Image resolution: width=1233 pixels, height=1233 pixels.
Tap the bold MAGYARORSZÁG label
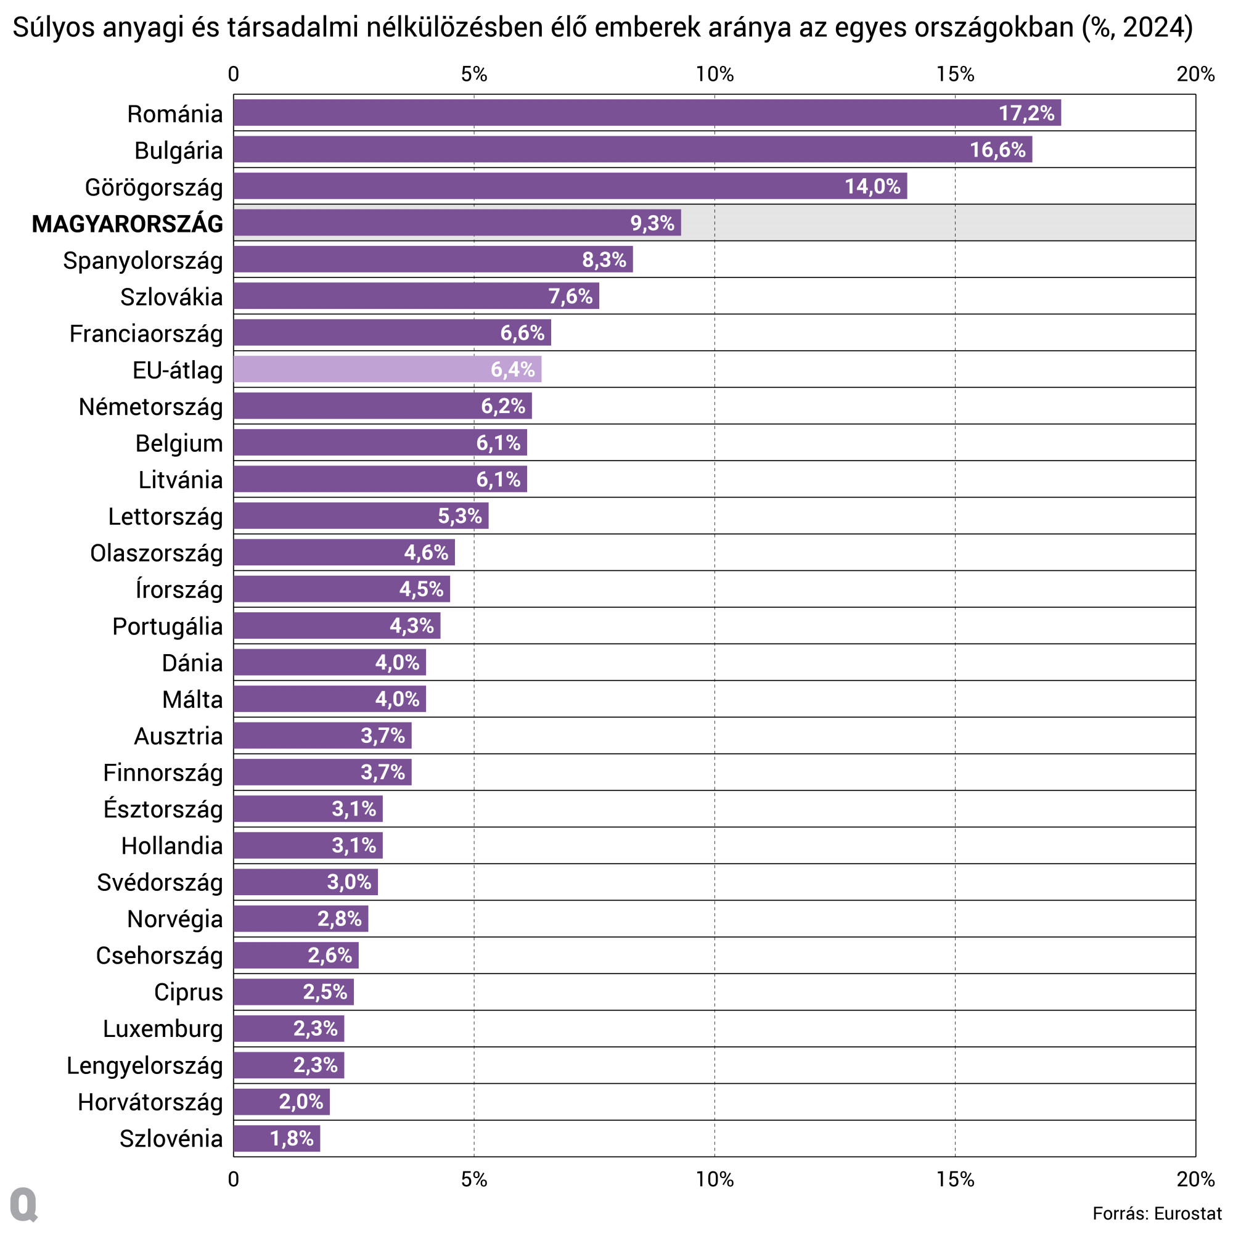pyautogui.click(x=128, y=224)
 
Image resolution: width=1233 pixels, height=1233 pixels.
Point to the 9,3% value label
pyautogui.click(x=652, y=223)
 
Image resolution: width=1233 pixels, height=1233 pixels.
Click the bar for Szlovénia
pyautogui.click(x=276, y=1139)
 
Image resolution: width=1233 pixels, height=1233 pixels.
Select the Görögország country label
pyautogui.click(x=154, y=187)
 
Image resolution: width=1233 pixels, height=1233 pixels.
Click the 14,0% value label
pyautogui.click(x=872, y=186)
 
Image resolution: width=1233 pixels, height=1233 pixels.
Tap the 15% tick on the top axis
pyautogui.click(x=955, y=75)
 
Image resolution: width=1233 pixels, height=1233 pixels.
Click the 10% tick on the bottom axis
pyautogui.click(x=714, y=1179)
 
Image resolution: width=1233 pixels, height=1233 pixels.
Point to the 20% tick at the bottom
pyautogui.click(x=1195, y=1179)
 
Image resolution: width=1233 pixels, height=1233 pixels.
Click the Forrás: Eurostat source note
pyautogui.click(x=1157, y=1213)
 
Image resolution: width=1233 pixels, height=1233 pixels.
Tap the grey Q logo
pyautogui.click(x=24, y=1204)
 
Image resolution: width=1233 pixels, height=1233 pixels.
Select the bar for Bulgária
pyautogui.click(x=632, y=149)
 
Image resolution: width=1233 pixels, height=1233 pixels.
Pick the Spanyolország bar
pyautogui.click(x=433, y=259)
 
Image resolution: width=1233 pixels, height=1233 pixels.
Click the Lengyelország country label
pyautogui.click(x=145, y=1066)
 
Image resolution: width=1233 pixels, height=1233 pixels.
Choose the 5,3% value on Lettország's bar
pyautogui.click(x=459, y=515)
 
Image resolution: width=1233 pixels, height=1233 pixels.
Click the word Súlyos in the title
pyautogui.click(x=53, y=28)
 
